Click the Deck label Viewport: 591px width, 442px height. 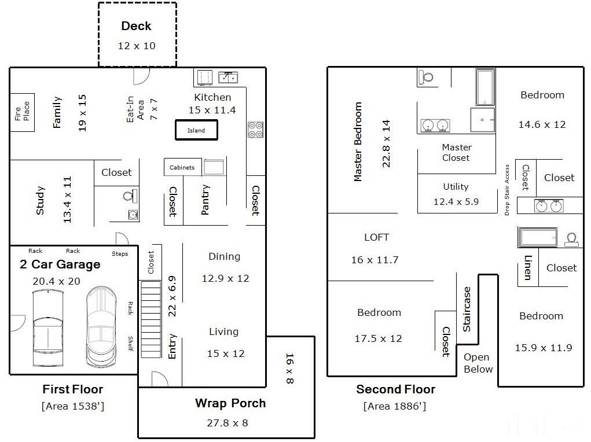136,26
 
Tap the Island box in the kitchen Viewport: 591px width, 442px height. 196,130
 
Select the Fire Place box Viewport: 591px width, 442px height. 22,112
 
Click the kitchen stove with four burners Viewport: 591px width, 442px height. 255,130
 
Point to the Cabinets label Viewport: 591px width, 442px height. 182,167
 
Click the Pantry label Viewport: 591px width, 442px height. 205,200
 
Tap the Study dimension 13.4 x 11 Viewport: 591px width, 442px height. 68,200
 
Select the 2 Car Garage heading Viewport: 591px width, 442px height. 60,264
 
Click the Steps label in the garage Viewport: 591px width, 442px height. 120,254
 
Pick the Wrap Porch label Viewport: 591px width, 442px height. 230,403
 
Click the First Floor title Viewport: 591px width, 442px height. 73,389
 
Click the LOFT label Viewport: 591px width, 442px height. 376,237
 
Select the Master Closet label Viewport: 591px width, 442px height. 457,153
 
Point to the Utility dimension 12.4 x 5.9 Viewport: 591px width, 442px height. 456,201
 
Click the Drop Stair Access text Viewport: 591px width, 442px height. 507,190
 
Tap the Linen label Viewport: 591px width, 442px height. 528,267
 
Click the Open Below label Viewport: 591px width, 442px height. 478,363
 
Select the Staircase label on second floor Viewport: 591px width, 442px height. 467,310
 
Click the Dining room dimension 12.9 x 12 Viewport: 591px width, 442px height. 225,278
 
